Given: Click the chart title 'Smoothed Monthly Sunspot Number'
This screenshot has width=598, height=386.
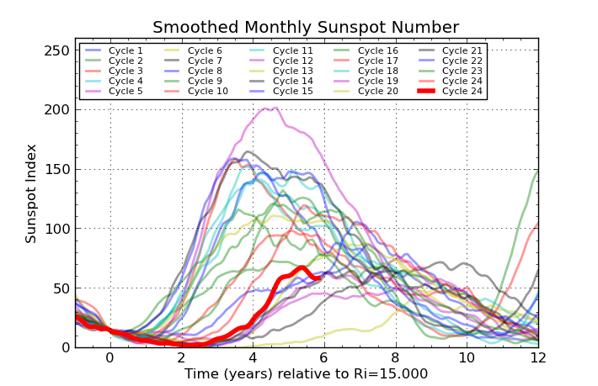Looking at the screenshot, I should click(306, 27).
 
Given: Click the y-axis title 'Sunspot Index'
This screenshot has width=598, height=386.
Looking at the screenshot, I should click(31, 193).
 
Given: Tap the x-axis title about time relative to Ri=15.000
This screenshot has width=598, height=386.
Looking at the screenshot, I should click(306, 373).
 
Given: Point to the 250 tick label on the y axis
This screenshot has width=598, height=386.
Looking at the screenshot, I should click(57, 50).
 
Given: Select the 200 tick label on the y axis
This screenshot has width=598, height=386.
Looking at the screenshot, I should click(57, 109).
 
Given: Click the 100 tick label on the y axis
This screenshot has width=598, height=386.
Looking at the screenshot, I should click(57, 229).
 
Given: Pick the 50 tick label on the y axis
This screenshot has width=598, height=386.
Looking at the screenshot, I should click(61, 288).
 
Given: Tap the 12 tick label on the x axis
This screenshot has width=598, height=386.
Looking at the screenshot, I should click(538, 357).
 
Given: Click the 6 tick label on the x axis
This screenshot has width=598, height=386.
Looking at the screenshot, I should click(324, 357).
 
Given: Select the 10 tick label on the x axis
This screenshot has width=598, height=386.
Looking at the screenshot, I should click(467, 357).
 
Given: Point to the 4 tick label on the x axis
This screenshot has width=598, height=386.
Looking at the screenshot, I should click(253, 357).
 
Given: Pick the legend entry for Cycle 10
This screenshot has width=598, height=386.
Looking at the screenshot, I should click(207, 91).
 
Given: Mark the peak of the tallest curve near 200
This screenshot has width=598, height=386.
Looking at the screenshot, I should click(268, 108).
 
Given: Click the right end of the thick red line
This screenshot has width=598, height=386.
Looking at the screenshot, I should click(319, 276).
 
